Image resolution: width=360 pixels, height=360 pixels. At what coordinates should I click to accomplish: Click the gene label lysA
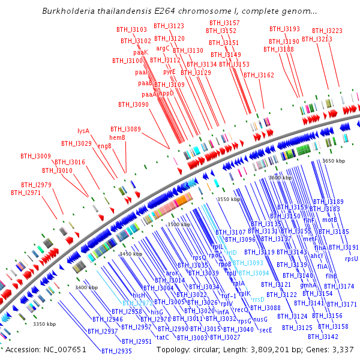83,131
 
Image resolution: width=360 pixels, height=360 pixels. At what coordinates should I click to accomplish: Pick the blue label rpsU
351,259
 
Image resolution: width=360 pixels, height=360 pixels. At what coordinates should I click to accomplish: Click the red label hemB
117,138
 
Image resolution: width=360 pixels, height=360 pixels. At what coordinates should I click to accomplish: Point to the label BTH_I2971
26,193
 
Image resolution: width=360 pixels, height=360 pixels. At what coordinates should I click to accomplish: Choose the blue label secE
266,329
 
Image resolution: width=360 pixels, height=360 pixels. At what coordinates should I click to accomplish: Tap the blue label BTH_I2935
116,350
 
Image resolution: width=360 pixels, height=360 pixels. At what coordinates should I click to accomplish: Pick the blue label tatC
163,337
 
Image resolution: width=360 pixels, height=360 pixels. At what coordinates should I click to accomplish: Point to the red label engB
104,145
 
